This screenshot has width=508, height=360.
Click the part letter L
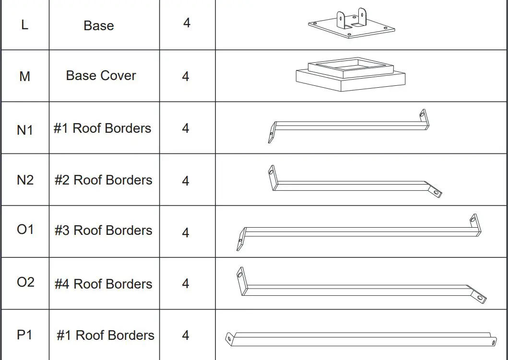pyautogui.click(x=24, y=24)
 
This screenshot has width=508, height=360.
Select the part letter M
pyautogui.click(x=24, y=76)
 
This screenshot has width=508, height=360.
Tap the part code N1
pyautogui.click(x=25, y=130)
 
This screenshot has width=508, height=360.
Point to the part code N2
pyautogui.click(x=25, y=180)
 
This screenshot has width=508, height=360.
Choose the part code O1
pyautogui.click(x=25, y=230)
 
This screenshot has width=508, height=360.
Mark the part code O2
pyautogui.click(x=25, y=282)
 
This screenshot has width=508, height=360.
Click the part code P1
pyautogui.click(x=24, y=334)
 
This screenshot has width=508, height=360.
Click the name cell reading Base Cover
pyautogui.click(x=101, y=76)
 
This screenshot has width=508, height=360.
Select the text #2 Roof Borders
pyautogui.click(x=103, y=180)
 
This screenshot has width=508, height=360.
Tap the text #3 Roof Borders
pyautogui.click(x=103, y=231)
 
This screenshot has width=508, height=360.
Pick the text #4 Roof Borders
pyautogui.click(x=103, y=284)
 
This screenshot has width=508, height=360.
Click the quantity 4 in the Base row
pyautogui.click(x=187, y=23)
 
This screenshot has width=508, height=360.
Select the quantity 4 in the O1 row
pyautogui.click(x=186, y=233)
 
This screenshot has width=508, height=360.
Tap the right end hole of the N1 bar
pyautogui.click(x=422, y=114)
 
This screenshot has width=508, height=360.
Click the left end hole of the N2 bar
pyautogui.click(x=272, y=170)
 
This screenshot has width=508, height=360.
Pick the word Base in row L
pyautogui.click(x=98, y=25)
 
